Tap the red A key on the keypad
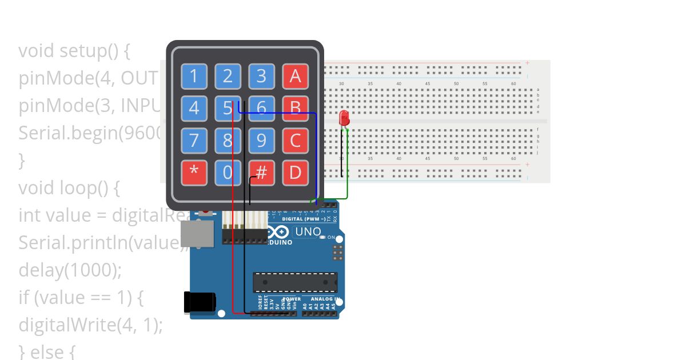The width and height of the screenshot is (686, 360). [x=295, y=76]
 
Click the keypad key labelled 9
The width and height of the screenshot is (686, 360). [x=261, y=140]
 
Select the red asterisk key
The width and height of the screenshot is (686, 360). [x=194, y=172]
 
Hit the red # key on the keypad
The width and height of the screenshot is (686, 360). [x=261, y=172]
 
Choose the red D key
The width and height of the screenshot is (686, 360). [x=295, y=172]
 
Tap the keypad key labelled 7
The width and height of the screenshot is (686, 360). [x=194, y=140]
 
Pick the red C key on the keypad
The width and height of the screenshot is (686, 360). [x=295, y=140]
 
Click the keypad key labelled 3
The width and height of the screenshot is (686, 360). [x=261, y=76]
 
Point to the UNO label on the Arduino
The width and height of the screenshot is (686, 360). [x=308, y=232]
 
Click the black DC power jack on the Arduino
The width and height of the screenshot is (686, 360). [x=199, y=302]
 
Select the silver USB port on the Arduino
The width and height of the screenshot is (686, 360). [x=197, y=234]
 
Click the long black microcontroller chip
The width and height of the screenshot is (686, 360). [x=295, y=282]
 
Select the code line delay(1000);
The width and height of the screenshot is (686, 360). [x=70, y=270]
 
